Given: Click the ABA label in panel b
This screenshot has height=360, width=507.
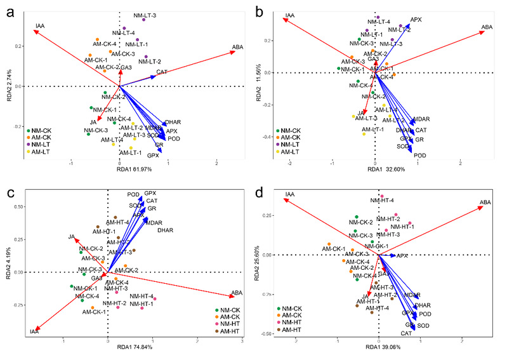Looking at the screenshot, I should [487, 27].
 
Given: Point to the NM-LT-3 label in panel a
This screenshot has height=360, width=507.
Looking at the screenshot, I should [145, 15].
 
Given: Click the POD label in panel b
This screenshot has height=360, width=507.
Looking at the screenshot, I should [419, 156].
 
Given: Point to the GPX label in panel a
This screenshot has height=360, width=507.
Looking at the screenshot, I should [153, 155].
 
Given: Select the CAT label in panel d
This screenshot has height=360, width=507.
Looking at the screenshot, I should [406, 333].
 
